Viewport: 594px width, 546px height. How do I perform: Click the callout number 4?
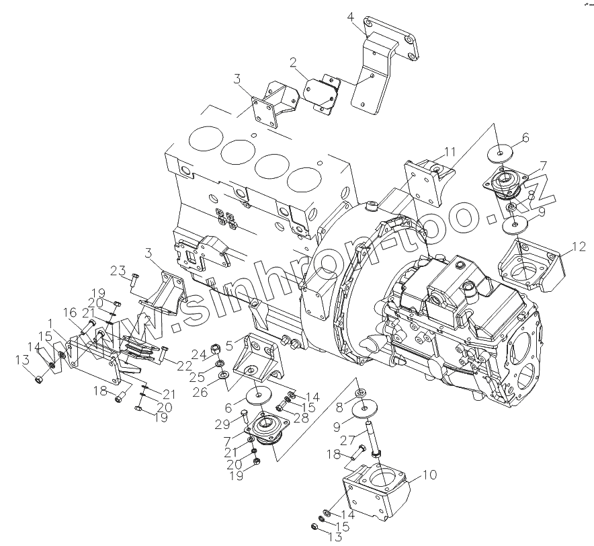tap(350, 17)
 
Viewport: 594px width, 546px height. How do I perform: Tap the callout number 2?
tap(293, 64)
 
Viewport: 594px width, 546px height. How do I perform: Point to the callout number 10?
tap(428, 475)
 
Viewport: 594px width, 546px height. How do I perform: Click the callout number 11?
tap(450, 151)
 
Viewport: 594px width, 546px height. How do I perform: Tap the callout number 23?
tap(118, 272)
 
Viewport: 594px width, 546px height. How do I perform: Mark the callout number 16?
tap(71, 313)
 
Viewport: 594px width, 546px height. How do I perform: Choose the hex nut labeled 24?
tap(216, 348)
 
